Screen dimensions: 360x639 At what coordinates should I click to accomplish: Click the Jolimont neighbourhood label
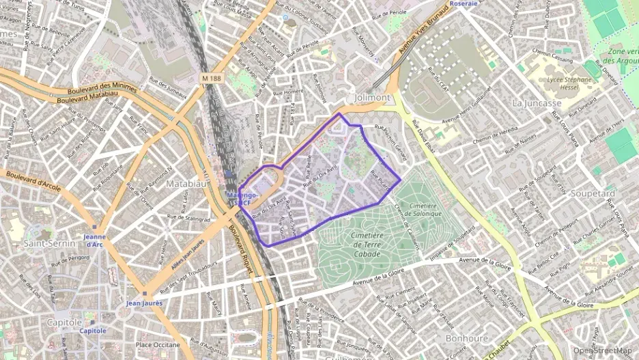(372, 97)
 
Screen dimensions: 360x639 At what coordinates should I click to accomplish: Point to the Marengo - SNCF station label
(242, 199)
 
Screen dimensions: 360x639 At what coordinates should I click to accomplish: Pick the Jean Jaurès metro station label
(144, 302)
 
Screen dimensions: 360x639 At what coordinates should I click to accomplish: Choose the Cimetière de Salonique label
(418, 209)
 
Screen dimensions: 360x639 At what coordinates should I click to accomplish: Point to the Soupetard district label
(591, 193)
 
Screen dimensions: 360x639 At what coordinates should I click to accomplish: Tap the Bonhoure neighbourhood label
(466, 338)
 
